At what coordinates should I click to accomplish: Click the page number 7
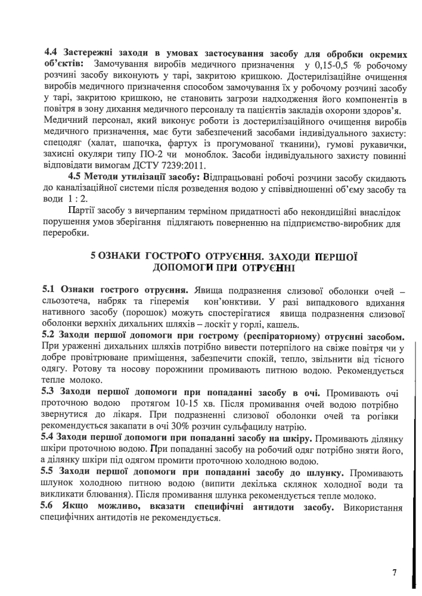(x=394, y=573)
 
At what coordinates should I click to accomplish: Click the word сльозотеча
(x=69, y=302)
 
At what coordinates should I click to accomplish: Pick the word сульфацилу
(x=252, y=427)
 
